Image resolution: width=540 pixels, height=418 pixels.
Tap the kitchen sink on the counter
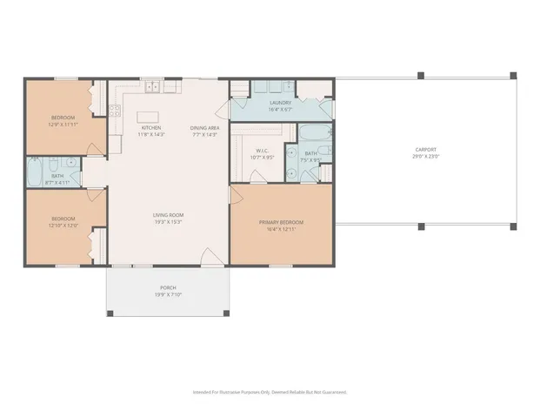coord(152,86)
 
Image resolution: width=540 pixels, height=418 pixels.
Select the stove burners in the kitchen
coord(114,110)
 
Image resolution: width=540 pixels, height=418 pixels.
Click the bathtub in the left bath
coord(34,172)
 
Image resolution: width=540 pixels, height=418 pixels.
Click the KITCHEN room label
coord(151,128)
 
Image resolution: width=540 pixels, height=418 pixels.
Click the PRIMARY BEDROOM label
coord(281,222)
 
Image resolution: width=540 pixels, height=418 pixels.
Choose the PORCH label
coord(167,287)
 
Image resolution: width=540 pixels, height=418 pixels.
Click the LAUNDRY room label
coord(279,103)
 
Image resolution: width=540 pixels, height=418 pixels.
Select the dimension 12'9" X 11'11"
coord(63,124)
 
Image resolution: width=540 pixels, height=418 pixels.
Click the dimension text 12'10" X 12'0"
coord(63,225)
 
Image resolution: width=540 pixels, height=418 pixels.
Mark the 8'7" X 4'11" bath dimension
coord(57,182)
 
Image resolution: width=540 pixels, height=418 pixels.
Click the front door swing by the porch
coord(210,256)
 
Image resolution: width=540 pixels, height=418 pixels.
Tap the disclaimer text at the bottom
coord(270,392)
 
